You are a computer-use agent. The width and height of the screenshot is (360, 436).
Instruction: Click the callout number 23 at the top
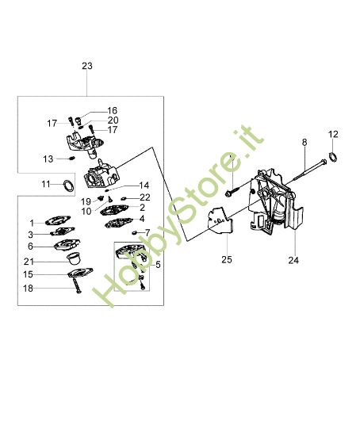pos(87,68)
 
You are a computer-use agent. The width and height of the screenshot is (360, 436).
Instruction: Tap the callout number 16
pos(112,111)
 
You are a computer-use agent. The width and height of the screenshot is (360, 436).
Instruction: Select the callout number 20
pos(113,120)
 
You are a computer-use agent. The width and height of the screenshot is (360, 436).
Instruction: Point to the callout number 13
pos(48,159)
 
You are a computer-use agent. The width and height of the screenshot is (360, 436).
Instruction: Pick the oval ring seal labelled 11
pos(70,185)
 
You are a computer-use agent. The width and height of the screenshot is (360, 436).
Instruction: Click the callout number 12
pos(333,134)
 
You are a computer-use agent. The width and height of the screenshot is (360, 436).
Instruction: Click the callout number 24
pos(293,259)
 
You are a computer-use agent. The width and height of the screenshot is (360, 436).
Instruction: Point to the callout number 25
pos(226,259)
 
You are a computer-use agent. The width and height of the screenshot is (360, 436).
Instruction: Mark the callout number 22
pos(145,197)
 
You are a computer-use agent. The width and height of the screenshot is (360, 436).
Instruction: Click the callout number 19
pos(85,202)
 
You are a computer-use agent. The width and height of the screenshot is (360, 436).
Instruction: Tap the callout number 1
pos(33,223)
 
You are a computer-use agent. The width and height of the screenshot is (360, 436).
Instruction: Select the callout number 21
pos(28,262)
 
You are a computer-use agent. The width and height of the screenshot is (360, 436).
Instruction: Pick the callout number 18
pos(28,289)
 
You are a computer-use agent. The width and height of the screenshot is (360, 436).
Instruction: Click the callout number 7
pos(147,232)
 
